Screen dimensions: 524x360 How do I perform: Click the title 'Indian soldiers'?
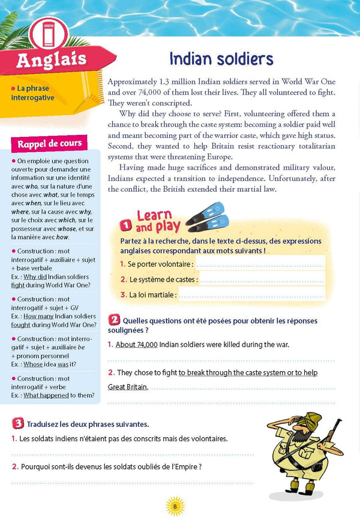click(x=221, y=59)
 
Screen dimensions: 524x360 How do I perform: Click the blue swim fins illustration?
click(x=205, y=217)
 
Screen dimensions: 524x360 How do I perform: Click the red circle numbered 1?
click(x=126, y=225)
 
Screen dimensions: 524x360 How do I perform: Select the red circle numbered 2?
click(x=113, y=320)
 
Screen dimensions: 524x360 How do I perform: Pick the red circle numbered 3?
click(x=18, y=423)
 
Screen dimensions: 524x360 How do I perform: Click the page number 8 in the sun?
click(x=175, y=505)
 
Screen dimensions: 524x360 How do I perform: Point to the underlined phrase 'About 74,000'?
click(x=136, y=344)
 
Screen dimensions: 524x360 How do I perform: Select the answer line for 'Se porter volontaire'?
click(x=260, y=264)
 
